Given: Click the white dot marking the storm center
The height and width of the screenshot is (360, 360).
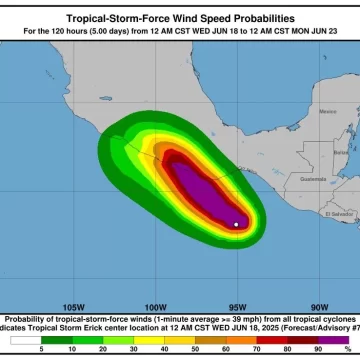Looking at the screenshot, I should pos(236,224).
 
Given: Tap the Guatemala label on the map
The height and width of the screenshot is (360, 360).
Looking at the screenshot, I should pos(313,179).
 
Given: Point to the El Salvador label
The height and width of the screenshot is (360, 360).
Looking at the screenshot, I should pos(341,214).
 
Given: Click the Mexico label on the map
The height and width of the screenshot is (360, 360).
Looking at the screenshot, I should pos(326,111).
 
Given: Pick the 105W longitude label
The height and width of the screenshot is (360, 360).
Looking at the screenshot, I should pos(72,307).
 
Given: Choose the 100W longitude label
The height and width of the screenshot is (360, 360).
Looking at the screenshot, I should pos(155,307).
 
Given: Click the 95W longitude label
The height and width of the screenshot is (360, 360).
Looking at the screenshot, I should pos(237,307).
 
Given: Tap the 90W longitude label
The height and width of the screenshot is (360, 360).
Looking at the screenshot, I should pos(319,307).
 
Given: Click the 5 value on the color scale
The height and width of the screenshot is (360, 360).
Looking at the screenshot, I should pos(41,349).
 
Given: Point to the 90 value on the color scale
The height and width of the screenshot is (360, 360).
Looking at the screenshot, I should pos(317,349).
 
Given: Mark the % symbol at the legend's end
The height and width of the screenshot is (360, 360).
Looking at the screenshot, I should pos(347,349).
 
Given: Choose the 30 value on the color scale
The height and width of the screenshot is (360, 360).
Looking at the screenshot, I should pos(133,349).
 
